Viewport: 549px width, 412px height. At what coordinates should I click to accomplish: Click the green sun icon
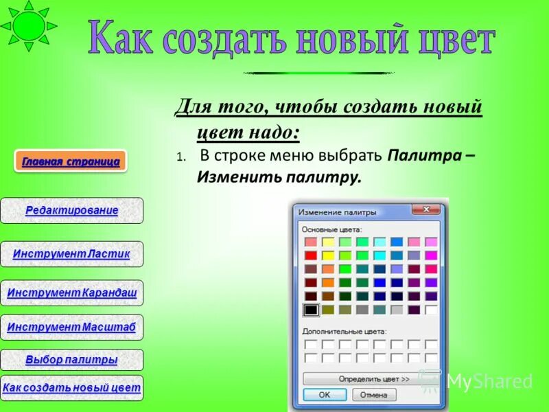point(27,25)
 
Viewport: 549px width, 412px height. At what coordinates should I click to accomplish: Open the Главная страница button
point(71,162)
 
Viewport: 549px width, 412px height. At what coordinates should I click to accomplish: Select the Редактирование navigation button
point(72,211)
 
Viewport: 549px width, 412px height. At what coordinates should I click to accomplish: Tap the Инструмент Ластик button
point(71,254)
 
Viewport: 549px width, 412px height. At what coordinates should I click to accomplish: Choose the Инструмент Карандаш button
point(72,293)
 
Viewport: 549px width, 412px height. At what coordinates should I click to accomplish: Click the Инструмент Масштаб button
point(71,328)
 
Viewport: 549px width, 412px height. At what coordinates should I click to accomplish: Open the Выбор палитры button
point(71,360)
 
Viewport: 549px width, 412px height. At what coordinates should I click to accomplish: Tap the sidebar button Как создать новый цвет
point(71,388)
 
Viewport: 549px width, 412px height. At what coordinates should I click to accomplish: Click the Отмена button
point(374,395)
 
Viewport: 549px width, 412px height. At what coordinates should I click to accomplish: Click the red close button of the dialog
point(428,209)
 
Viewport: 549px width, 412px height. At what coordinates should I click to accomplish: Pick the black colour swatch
point(311,310)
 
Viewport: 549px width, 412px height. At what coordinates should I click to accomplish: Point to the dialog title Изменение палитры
point(337,212)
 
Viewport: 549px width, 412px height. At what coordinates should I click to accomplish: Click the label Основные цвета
point(331,229)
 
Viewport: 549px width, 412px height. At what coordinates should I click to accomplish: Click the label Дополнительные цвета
point(344,331)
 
